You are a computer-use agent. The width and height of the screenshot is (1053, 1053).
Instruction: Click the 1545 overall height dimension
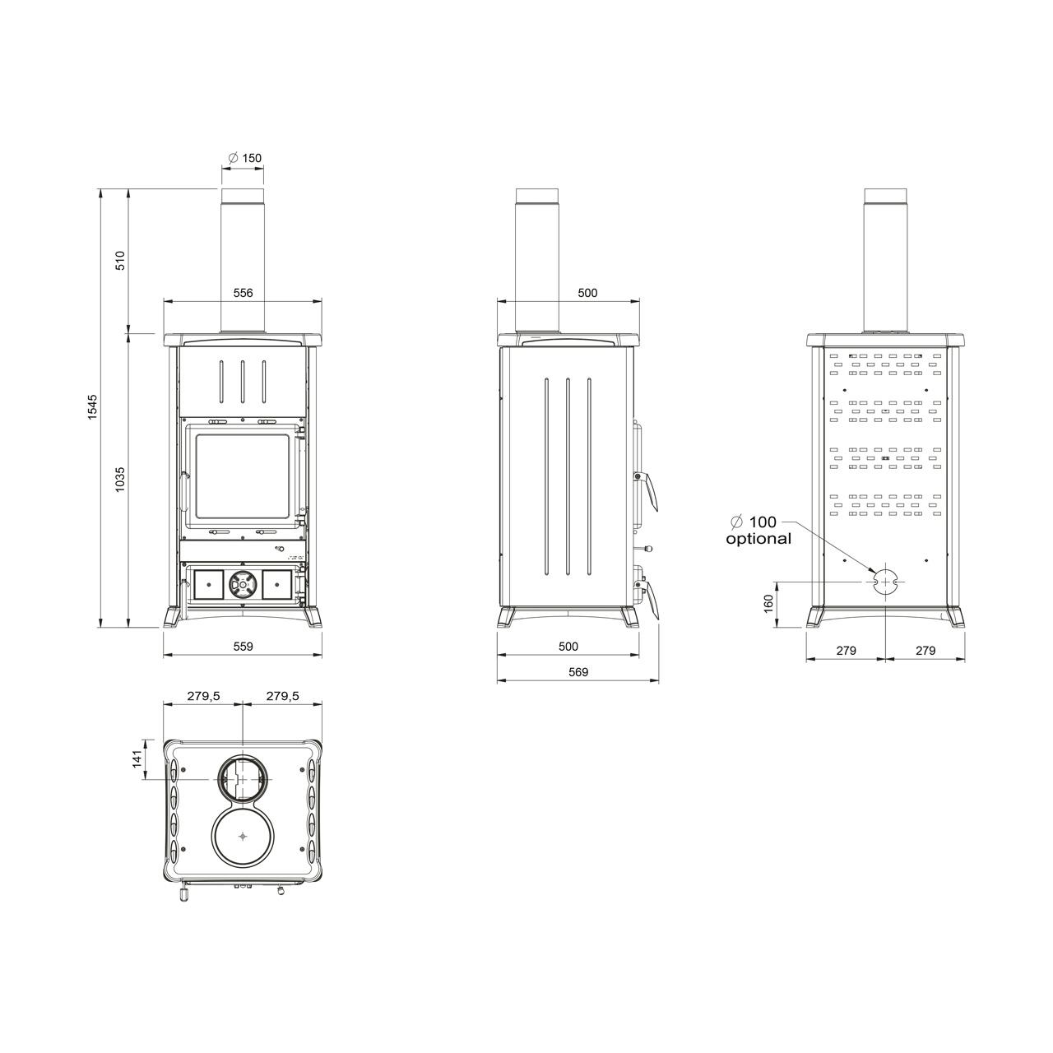tap(92, 407)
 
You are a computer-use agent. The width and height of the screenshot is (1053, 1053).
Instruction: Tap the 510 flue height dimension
tap(121, 260)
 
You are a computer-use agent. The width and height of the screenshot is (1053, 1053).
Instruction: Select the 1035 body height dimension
tap(121, 480)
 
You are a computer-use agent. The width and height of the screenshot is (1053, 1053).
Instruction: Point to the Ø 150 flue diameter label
tap(244, 158)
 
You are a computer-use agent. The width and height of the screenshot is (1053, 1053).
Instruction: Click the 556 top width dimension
tap(244, 293)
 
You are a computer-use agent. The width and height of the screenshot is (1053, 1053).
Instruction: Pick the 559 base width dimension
tap(244, 647)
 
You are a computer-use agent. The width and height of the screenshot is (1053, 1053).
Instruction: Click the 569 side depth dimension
tap(578, 672)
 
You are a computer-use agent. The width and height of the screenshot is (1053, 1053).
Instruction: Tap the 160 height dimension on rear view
tap(769, 604)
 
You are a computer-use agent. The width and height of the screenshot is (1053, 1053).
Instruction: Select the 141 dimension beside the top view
tap(137, 758)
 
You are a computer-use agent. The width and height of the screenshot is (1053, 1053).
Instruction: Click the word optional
tap(758, 539)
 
